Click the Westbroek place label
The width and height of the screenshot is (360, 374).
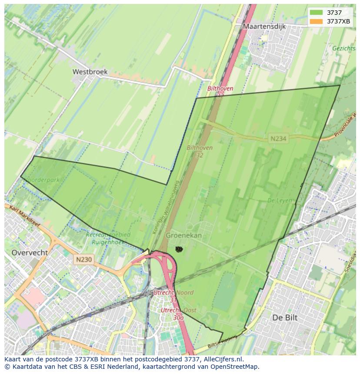point(90,72)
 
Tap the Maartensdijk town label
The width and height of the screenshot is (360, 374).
point(264,26)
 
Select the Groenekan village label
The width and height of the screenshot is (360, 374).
point(184,235)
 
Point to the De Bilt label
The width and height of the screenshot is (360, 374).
point(285,318)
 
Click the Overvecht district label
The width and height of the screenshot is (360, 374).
point(30,252)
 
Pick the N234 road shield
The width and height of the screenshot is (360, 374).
point(278,139)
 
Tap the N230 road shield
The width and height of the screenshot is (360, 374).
point(83,259)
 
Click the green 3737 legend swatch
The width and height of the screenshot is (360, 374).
point(316,13)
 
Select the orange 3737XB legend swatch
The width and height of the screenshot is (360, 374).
point(316,21)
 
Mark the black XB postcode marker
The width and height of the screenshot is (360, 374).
point(179,249)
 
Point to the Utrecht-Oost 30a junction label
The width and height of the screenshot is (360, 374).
point(178,314)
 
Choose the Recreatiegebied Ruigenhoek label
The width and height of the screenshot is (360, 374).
point(108,238)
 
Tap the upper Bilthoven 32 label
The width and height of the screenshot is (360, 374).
point(220,91)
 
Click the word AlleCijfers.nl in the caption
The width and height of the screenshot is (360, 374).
point(222,359)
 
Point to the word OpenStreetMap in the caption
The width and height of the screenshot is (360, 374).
point(235,367)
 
